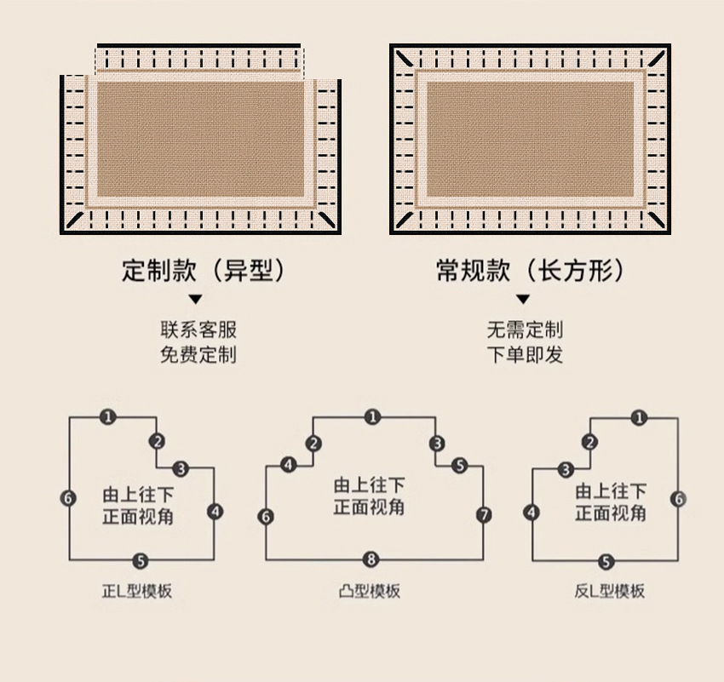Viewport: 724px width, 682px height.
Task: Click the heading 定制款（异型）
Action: click(202, 271)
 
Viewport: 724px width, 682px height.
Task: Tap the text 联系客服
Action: click(198, 330)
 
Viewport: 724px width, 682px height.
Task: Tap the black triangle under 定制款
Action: click(195, 300)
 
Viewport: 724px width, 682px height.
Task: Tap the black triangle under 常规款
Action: click(523, 300)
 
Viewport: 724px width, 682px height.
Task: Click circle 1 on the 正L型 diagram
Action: click(106, 417)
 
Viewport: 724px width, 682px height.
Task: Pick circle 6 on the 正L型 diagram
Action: click(69, 498)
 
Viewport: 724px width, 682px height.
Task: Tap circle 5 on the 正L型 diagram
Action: click(141, 560)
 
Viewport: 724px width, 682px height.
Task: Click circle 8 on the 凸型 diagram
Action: click(371, 559)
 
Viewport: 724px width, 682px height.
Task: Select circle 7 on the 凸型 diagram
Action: click(484, 515)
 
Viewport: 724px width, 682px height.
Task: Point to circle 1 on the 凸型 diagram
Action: click(371, 417)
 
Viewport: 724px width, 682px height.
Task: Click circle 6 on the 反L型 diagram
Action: click(678, 499)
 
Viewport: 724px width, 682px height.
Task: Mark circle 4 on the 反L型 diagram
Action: click(532, 512)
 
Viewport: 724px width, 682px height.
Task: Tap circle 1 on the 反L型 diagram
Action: click(641, 417)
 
